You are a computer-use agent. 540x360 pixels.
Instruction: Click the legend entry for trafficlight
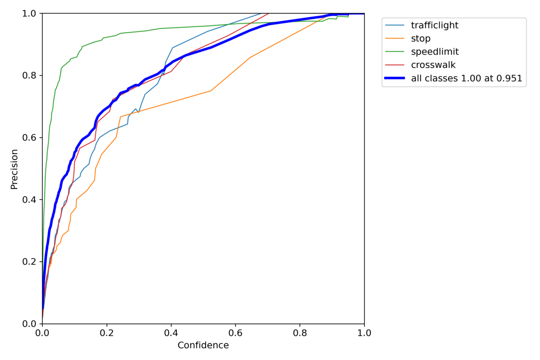(434, 25)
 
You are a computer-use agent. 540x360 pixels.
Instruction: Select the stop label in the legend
(421, 39)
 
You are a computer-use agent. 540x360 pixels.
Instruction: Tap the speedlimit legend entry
(435, 52)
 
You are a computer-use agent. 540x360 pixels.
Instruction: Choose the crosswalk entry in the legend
(433, 65)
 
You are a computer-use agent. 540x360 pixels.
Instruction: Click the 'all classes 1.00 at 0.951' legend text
(466, 78)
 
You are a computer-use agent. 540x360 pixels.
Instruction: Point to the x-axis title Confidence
(203, 346)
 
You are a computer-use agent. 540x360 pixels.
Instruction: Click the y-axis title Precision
(14, 169)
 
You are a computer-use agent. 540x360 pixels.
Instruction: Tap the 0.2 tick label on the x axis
(107, 333)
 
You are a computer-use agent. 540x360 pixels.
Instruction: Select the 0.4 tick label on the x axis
(171, 333)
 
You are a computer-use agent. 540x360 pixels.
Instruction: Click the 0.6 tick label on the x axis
(235, 333)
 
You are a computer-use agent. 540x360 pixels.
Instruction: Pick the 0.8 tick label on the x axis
(300, 333)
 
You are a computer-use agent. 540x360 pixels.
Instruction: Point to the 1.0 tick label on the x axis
(364, 333)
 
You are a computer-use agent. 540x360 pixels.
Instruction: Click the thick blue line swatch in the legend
(395, 78)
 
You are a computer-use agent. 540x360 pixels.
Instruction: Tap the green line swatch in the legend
(395, 52)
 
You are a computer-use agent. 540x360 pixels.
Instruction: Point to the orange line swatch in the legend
(395, 39)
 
